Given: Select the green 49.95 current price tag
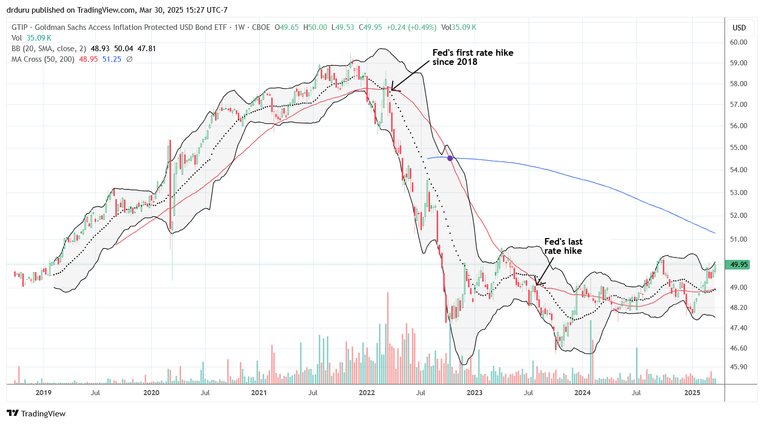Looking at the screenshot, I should coord(739,264).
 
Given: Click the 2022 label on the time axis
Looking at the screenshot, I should coord(367,393).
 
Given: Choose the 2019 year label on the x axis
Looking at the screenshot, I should coord(44,393).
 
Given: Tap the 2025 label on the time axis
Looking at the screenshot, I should coord(692,393).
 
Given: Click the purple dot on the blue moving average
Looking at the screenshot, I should coord(450,159).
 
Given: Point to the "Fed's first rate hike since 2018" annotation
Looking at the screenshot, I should coord(473,57).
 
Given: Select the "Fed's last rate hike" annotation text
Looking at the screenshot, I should coord(563,246).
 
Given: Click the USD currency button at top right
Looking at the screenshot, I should coord(739,27).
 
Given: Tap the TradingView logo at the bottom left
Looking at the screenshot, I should coord(36,413).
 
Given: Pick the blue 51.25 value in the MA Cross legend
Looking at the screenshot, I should coord(112,59).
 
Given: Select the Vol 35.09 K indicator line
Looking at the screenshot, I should coord(31,38).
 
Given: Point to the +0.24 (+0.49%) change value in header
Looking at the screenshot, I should coord(411,27).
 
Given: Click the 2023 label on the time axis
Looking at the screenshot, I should coord(474,393).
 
